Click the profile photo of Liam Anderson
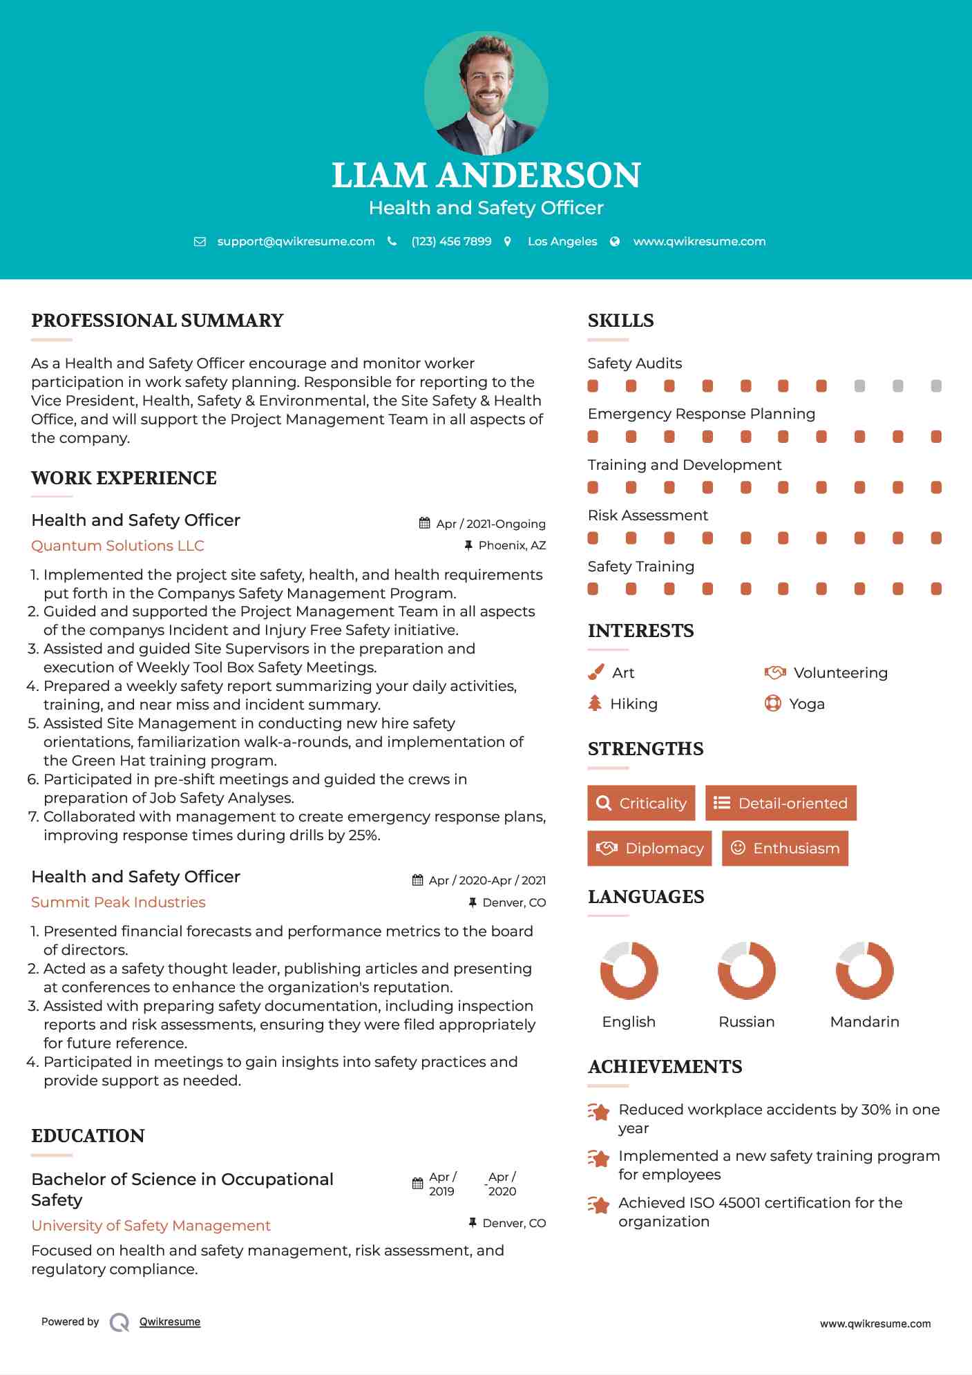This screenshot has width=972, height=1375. click(486, 93)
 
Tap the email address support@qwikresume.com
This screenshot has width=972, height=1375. click(296, 241)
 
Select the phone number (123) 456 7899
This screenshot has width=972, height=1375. click(451, 241)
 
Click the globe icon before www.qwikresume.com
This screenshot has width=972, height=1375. click(615, 241)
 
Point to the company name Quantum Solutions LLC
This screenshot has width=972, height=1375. click(117, 545)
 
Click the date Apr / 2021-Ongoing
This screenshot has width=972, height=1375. click(490, 524)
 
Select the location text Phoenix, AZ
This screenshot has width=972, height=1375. click(512, 545)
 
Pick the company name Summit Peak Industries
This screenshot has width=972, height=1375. click(118, 902)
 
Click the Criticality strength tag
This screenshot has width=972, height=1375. click(641, 803)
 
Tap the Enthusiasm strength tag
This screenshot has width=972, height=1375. click(785, 848)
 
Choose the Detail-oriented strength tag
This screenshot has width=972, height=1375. click(781, 803)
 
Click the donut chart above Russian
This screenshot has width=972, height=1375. click(746, 970)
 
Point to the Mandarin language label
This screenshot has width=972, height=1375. click(864, 1021)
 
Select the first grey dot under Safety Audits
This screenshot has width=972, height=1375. click(859, 386)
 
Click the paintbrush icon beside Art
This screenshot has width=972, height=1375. click(595, 672)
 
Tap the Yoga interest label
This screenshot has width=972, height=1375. click(807, 703)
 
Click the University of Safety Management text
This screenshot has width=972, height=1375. click(151, 1225)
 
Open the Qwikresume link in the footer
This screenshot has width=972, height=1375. click(170, 1322)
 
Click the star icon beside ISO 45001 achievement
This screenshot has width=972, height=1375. click(598, 1205)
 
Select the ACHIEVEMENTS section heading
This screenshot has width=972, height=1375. click(665, 1066)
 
